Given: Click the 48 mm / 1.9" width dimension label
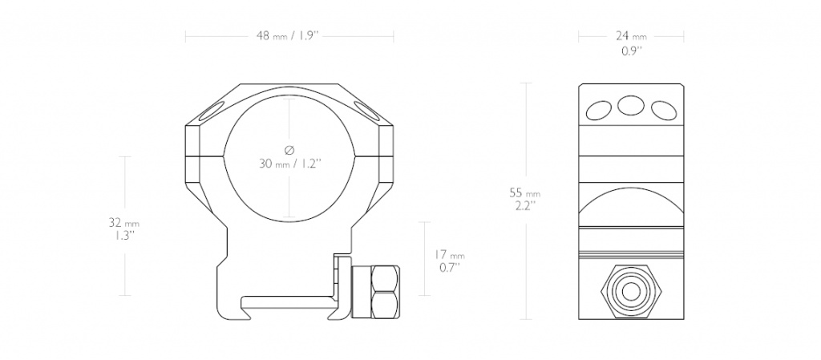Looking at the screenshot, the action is (x=288, y=36).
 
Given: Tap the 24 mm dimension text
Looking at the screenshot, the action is (x=631, y=36).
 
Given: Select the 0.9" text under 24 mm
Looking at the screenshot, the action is (x=632, y=51).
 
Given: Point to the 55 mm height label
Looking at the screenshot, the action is (x=525, y=192).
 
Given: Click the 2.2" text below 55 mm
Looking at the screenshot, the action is (x=526, y=205).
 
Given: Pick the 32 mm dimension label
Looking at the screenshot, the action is (x=124, y=222).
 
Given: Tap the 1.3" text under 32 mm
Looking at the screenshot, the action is (x=125, y=236).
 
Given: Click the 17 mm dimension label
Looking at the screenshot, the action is (x=450, y=255).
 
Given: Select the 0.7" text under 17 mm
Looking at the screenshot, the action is (x=450, y=268).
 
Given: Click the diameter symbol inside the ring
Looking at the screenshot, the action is (x=289, y=150).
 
